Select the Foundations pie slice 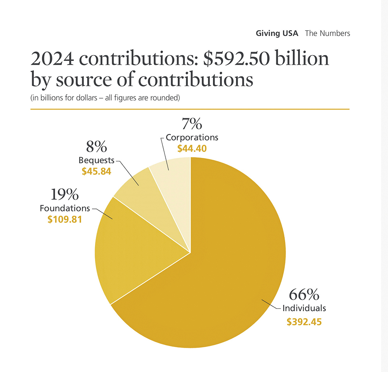click(128, 248)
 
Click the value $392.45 click(304, 322)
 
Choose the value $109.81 click(64, 219)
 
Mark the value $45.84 click(96, 171)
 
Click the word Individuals click(304, 308)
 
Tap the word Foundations click(65, 208)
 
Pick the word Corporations click(192, 137)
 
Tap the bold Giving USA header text click(277, 33)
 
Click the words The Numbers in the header click(327, 33)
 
